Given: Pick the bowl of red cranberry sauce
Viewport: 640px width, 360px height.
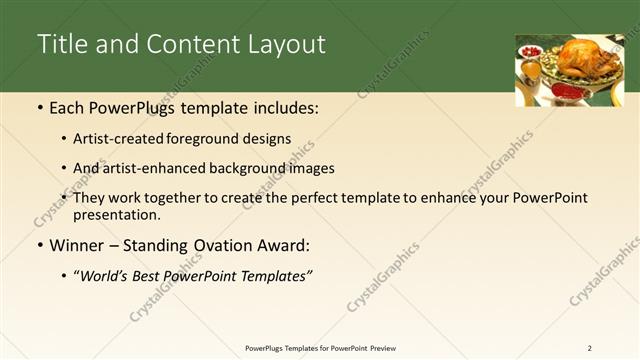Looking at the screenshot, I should coord(567,92).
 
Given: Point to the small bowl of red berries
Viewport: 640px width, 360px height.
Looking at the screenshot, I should coord(530,51).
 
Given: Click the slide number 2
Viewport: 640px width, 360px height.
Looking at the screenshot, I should coord(589,348).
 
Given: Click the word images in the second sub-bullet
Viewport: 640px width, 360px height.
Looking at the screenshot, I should coord(311,169).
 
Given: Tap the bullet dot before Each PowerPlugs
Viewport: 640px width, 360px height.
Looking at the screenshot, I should coord(39,107).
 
